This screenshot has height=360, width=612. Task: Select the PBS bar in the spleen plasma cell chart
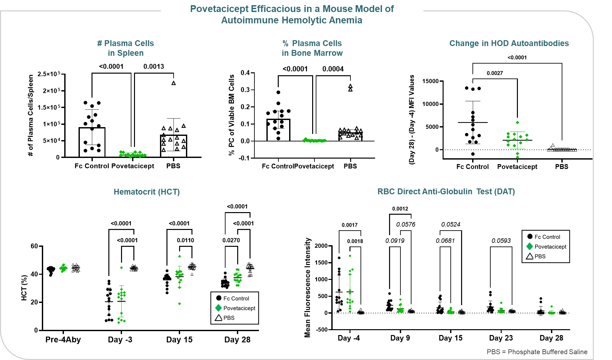point(174,146)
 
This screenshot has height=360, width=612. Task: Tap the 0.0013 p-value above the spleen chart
point(154,66)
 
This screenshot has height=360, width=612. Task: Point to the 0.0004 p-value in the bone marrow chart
point(333,69)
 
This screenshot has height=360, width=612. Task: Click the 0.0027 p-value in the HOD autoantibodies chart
point(495,73)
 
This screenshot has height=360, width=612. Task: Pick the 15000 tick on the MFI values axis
point(430,81)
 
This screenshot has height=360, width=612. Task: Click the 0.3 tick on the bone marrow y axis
point(245,90)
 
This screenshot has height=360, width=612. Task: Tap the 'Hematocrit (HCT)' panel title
point(147,192)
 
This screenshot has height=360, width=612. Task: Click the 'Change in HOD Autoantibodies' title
point(509,43)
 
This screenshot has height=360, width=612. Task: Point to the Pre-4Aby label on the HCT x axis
point(63,340)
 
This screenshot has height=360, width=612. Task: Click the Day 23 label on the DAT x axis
point(501,338)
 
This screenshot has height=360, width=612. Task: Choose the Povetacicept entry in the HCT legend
point(239,308)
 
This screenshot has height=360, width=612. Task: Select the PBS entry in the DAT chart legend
point(540,256)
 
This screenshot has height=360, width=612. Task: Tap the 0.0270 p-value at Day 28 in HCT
point(231,240)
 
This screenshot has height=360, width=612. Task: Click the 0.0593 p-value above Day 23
point(501,241)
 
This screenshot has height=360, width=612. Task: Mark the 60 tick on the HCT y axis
point(34,246)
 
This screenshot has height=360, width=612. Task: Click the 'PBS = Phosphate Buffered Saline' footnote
point(537,352)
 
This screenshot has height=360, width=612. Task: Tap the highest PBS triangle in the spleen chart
point(174,83)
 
